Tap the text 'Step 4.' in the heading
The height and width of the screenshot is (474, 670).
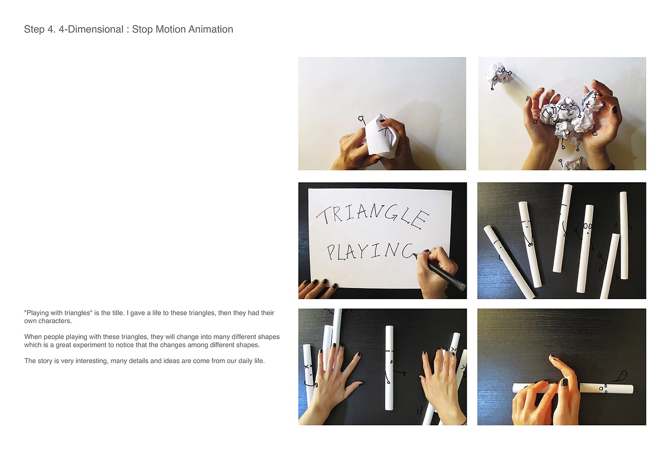40,30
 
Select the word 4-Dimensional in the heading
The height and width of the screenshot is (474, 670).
91,29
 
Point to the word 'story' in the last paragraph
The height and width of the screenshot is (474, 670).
44,360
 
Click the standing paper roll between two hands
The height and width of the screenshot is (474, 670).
389,368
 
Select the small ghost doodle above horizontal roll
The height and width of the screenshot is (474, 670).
621,376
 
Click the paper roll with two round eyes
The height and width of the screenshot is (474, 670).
585,248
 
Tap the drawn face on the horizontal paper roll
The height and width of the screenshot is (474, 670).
602,389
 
